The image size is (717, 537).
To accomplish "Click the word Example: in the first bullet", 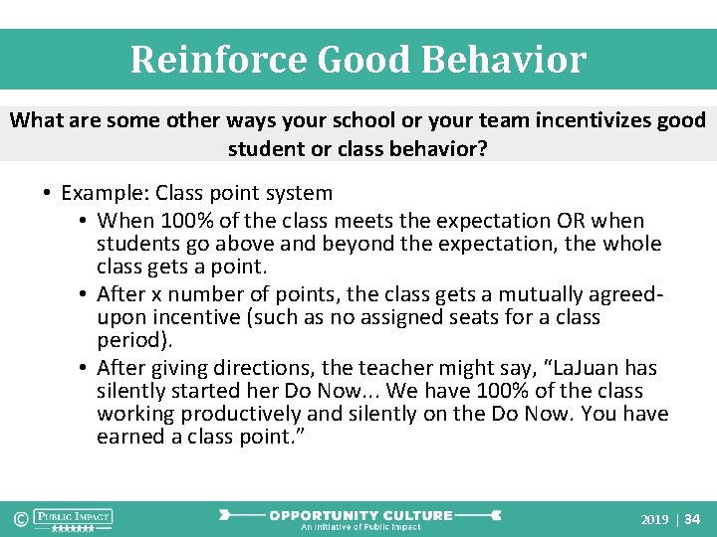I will tap(106, 193).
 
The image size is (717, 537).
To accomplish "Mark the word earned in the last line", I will tap(127, 438).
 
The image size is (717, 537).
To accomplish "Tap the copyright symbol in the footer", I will tap(19, 518).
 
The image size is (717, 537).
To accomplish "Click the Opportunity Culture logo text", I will tap(360, 516).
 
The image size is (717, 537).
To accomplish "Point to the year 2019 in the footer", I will tap(654, 520).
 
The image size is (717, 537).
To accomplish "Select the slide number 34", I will tap(693, 520).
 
